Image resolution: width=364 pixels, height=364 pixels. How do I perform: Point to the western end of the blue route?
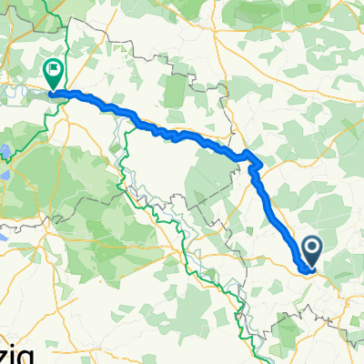click(x=52, y=93)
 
